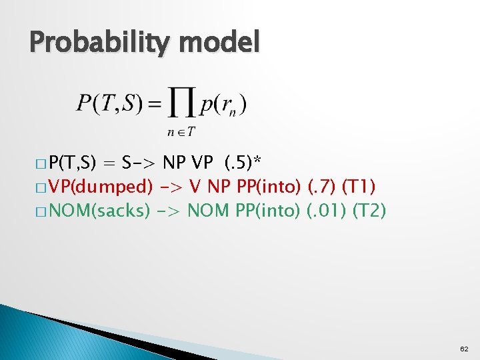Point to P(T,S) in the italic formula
[106, 103]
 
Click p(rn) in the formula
[223, 104]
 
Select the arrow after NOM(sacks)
[167, 211]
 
